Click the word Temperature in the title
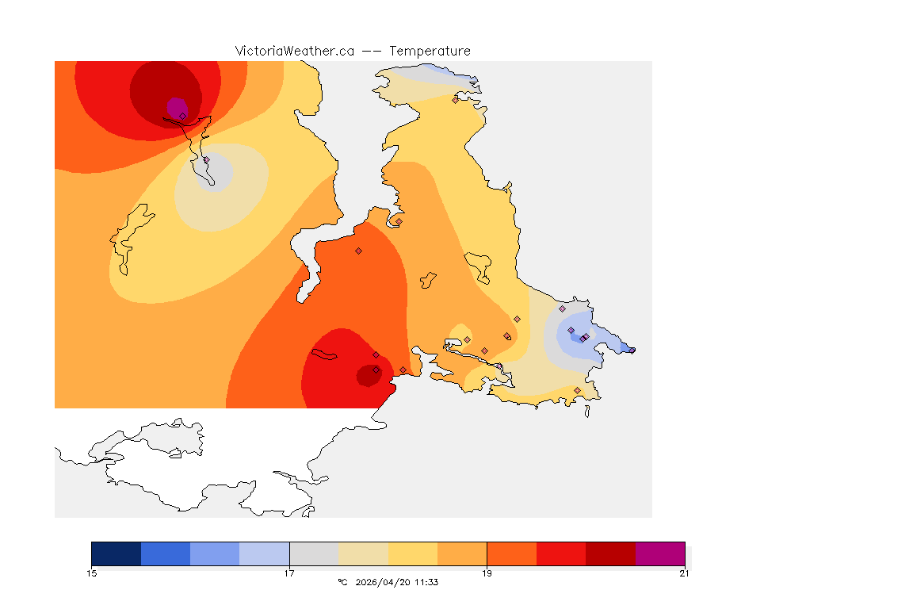pyautogui.click(x=430, y=51)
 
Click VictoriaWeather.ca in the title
pyautogui.click(x=294, y=51)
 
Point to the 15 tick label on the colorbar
pyautogui.click(x=92, y=573)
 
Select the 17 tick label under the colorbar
pyautogui.click(x=289, y=573)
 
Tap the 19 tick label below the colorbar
pyautogui.click(x=487, y=573)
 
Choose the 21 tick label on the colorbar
pyautogui.click(x=684, y=573)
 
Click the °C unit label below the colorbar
pyautogui.click(x=342, y=582)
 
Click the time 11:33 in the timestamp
pyautogui.click(x=426, y=582)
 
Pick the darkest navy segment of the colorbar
pyautogui.click(x=116, y=553)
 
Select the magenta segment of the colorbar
pyautogui.click(x=659, y=553)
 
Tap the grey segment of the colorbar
pyautogui.click(x=314, y=553)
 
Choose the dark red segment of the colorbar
pyautogui.click(x=610, y=553)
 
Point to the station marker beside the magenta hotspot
pyautogui.click(x=182, y=116)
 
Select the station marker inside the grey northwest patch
pyautogui.click(x=206, y=159)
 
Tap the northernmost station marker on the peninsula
pyautogui.click(x=455, y=100)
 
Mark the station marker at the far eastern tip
pyautogui.click(x=632, y=350)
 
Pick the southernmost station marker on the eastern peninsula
pyautogui.click(x=577, y=390)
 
